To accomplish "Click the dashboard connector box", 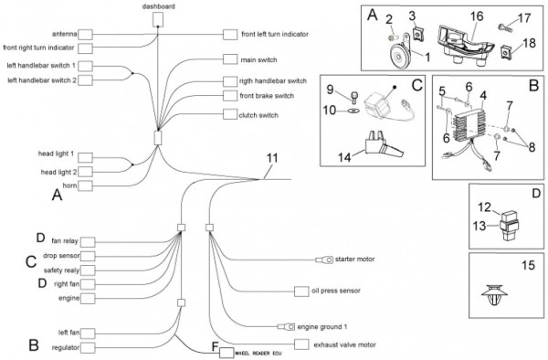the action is click(158, 19).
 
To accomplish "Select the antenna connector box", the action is click(85, 35).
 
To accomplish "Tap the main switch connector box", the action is click(230, 59).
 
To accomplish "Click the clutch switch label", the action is click(258, 115).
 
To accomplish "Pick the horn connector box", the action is click(85, 185).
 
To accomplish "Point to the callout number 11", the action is click(272, 158).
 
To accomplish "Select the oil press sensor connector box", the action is click(301, 291).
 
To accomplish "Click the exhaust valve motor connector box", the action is click(301, 344).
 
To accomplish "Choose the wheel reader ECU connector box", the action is click(227, 353).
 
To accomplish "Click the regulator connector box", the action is click(88, 348).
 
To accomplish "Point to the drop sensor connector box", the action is click(88, 256).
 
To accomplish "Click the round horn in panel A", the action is click(400, 54).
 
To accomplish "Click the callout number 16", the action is click(477, 16).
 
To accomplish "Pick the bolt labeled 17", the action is click(504, 26).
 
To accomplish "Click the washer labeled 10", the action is click(353, 111).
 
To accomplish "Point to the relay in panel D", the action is click(510, 225).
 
